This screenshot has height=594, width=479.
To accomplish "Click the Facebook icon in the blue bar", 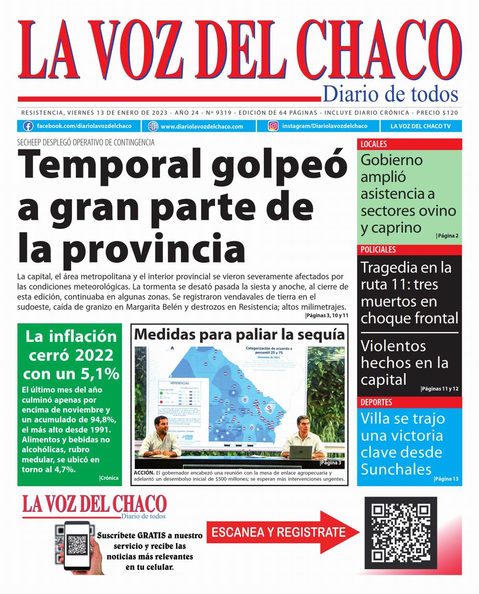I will pos(28,126).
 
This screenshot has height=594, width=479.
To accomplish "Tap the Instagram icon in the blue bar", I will pos(273,126).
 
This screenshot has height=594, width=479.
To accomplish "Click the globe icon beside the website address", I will pos(153,126).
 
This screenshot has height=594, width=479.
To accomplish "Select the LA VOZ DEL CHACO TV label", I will pos(420,126).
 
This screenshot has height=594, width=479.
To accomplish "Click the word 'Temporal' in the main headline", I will pos(110,165).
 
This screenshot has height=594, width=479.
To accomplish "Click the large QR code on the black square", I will pos(401,532).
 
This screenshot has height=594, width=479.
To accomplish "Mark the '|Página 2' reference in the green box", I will pos(447,236).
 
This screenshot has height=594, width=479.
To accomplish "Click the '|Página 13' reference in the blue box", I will pos(446,479).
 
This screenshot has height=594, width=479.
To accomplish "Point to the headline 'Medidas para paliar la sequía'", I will pos(239,334).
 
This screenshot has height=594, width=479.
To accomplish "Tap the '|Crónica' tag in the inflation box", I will pos(109,478).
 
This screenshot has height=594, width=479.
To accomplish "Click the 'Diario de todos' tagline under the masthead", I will pos(390,94).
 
